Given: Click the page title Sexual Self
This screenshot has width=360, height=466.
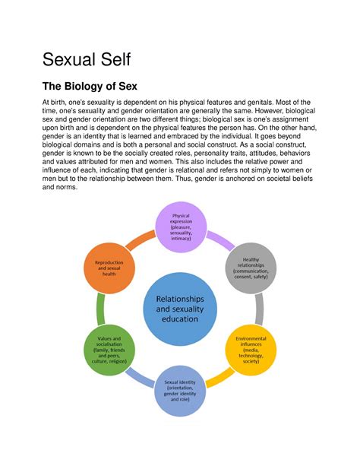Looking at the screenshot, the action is pyautogui.click(x=87, y=59).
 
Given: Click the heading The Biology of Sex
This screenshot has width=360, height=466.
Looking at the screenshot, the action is pyautogui.click(x=90, y=86).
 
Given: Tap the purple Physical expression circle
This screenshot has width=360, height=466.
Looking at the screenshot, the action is pyautogui.click(x=181, y=227).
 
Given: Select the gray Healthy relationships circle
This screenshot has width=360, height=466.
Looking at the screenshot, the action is pyautogui.click(x=251, y=268).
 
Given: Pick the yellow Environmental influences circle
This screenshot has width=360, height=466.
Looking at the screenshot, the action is pyautogui.click(x=251, y=350).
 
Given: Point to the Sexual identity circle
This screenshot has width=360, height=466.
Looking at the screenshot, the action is pyautogui.click(x=180, y=391).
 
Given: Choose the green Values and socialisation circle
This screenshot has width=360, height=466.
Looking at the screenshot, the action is pyautogui.click(x=109, y=350).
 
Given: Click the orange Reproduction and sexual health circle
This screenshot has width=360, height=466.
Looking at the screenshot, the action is pyautogui.click(x=109, y=268).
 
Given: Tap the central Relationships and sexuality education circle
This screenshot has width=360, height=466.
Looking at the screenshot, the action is pyautogui.click(x=180, y=309).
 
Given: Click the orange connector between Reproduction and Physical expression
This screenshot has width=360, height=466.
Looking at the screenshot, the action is pyautogui.click(x=141, y=240).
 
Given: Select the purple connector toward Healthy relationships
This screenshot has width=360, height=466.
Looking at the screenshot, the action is pyautogui.click(x=220, y=240).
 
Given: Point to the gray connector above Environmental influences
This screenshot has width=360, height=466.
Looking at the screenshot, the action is pyautogui.click(x=259, y=309).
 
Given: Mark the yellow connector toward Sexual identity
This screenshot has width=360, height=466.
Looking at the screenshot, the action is pyautogui.click(x=219, y=378).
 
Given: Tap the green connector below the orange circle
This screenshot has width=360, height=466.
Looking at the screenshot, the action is pyautogui.click(x=101, y=309).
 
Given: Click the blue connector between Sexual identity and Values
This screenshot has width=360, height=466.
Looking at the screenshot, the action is pyautogui.click(x=141, y=378).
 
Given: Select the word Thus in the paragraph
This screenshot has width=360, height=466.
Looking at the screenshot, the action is pyautogui.click(x=183, y=179).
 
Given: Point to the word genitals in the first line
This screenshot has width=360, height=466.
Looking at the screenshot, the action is pyautogui.click(x=261, y=103).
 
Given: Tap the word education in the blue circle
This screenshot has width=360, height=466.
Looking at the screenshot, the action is pyautogui.click(x=180, y=319).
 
